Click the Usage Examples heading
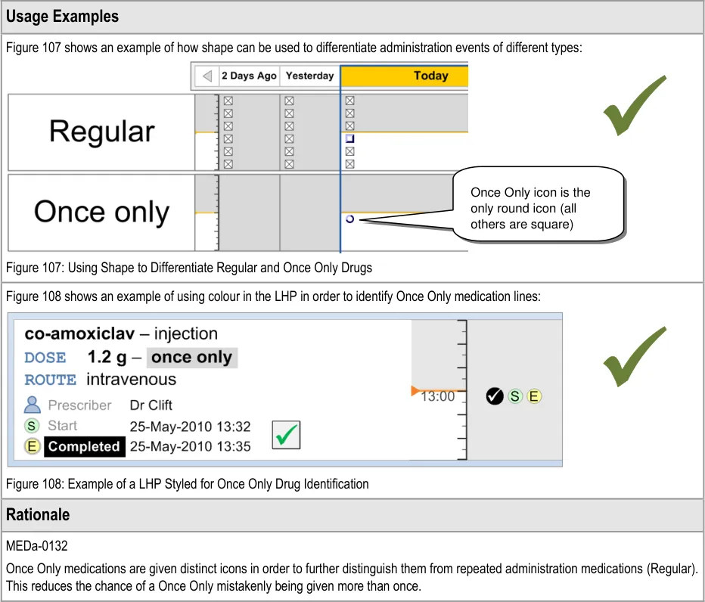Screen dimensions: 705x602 (62, 17)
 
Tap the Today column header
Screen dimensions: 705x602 (430, 76)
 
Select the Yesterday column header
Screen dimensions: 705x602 (310, 76)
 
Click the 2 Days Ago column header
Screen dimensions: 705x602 (249, 76)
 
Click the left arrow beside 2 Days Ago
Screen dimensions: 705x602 (207, 76)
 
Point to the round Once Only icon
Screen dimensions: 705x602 (349, 219)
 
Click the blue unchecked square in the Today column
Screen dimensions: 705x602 (349, 138)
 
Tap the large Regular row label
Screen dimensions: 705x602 (101, 132)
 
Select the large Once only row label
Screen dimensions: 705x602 (101, 212)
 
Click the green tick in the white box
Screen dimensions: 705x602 (287, 435)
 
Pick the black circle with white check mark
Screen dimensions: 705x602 (494, 396)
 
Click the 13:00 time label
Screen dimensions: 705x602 (437, 396)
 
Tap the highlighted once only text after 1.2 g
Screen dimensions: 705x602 (191, 358)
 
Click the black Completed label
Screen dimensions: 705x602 (85, 446)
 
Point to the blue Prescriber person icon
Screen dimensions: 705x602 (32, 405)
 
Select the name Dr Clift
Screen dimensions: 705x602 (151, 405)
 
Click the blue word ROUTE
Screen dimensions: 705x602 (51, 380)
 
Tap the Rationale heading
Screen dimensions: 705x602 (38, 515)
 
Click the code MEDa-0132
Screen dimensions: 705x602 (37, 546)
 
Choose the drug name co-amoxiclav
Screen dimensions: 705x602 (79, 334)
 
